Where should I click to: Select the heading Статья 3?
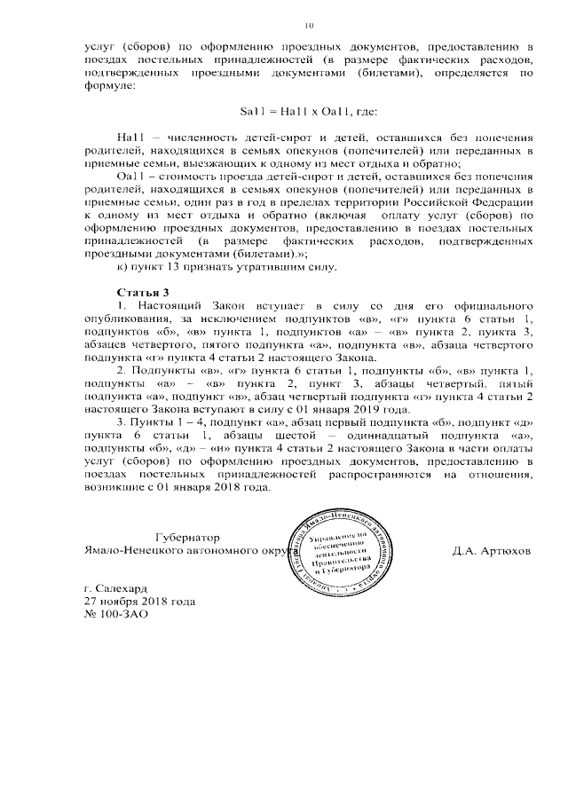point(142,292)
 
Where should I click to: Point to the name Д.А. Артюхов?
point(491,551)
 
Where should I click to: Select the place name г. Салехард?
point(117,588)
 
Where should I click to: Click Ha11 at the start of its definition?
point(130,138)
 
